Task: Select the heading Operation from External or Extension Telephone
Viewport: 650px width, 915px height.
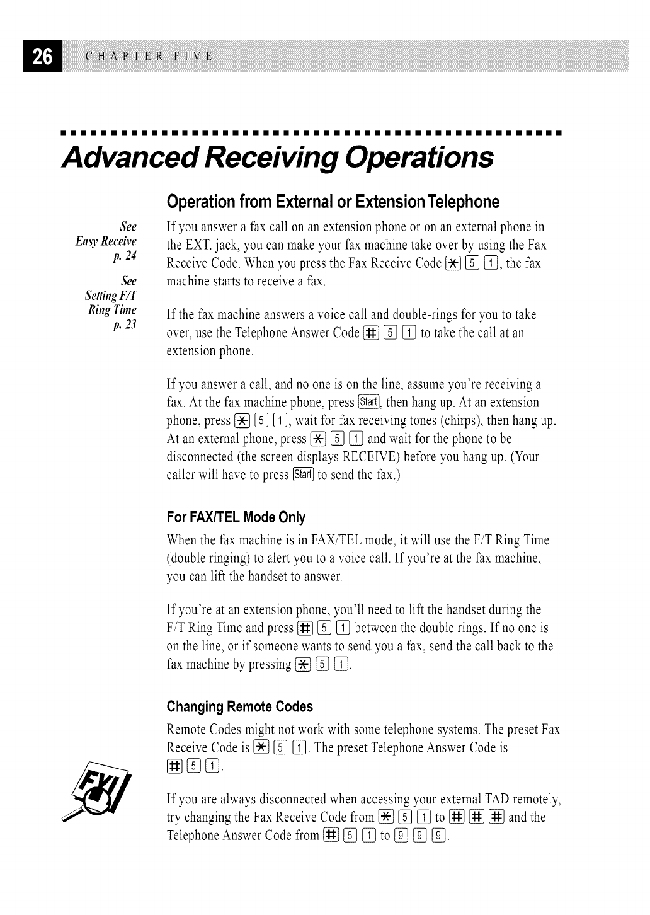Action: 333,202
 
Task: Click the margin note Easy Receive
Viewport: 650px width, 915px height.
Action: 106,241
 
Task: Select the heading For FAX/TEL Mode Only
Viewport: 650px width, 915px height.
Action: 236,517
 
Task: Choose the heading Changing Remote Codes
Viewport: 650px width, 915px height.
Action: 239,706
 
